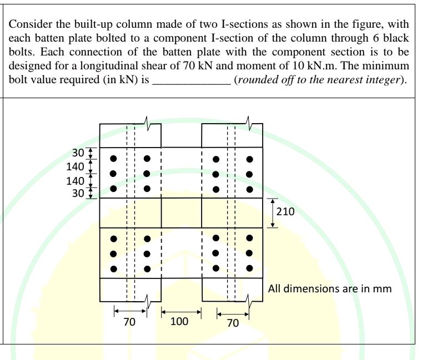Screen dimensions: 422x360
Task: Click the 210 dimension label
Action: [285, 211]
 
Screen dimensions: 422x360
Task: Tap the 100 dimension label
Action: [179, 321]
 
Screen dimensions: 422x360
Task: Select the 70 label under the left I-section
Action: [129, 322]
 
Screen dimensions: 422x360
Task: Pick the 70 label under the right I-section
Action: [233, 323]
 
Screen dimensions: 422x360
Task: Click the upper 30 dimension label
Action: [78, 153]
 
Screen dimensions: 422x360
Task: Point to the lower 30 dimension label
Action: [78, 193]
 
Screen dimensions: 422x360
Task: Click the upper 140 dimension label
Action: [75, 167]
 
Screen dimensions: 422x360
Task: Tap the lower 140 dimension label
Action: [75, 181]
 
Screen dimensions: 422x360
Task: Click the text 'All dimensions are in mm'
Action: [330, 289]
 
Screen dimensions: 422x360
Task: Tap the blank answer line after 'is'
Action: [192, 84]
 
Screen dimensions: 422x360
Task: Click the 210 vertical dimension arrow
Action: [273, 213]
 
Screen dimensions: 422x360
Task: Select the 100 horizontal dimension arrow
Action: [182, 312]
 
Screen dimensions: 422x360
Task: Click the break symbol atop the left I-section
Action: [147, 123]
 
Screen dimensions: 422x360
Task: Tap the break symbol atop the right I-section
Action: [249, 123]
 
